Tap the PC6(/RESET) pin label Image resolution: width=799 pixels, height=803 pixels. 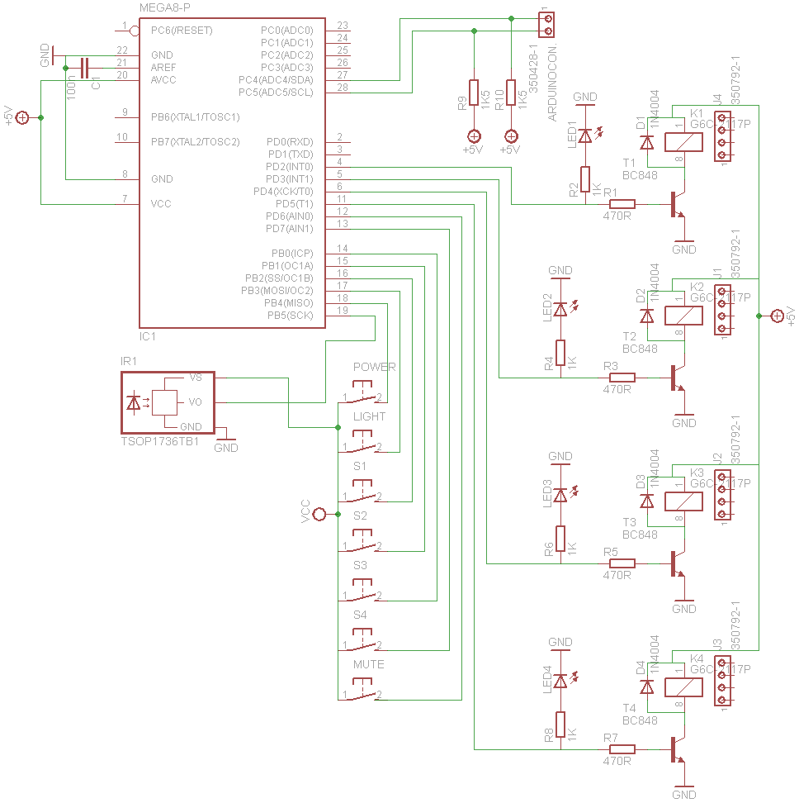[x=182, y=31]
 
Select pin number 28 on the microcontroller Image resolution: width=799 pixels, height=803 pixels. [x=343, y=88]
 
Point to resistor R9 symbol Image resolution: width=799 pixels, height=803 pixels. [x=474, y=93]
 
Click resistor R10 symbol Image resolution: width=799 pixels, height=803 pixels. [x=511, y=93]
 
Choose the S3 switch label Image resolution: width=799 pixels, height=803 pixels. [x=360, y=566]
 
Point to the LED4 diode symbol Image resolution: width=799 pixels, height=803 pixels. [x=560, y=681]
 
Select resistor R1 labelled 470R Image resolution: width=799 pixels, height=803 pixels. [x=621, y=204]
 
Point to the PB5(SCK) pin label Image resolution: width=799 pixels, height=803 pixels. [x=290, y=316]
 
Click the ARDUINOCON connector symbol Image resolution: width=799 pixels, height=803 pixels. [x=546, y=24]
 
